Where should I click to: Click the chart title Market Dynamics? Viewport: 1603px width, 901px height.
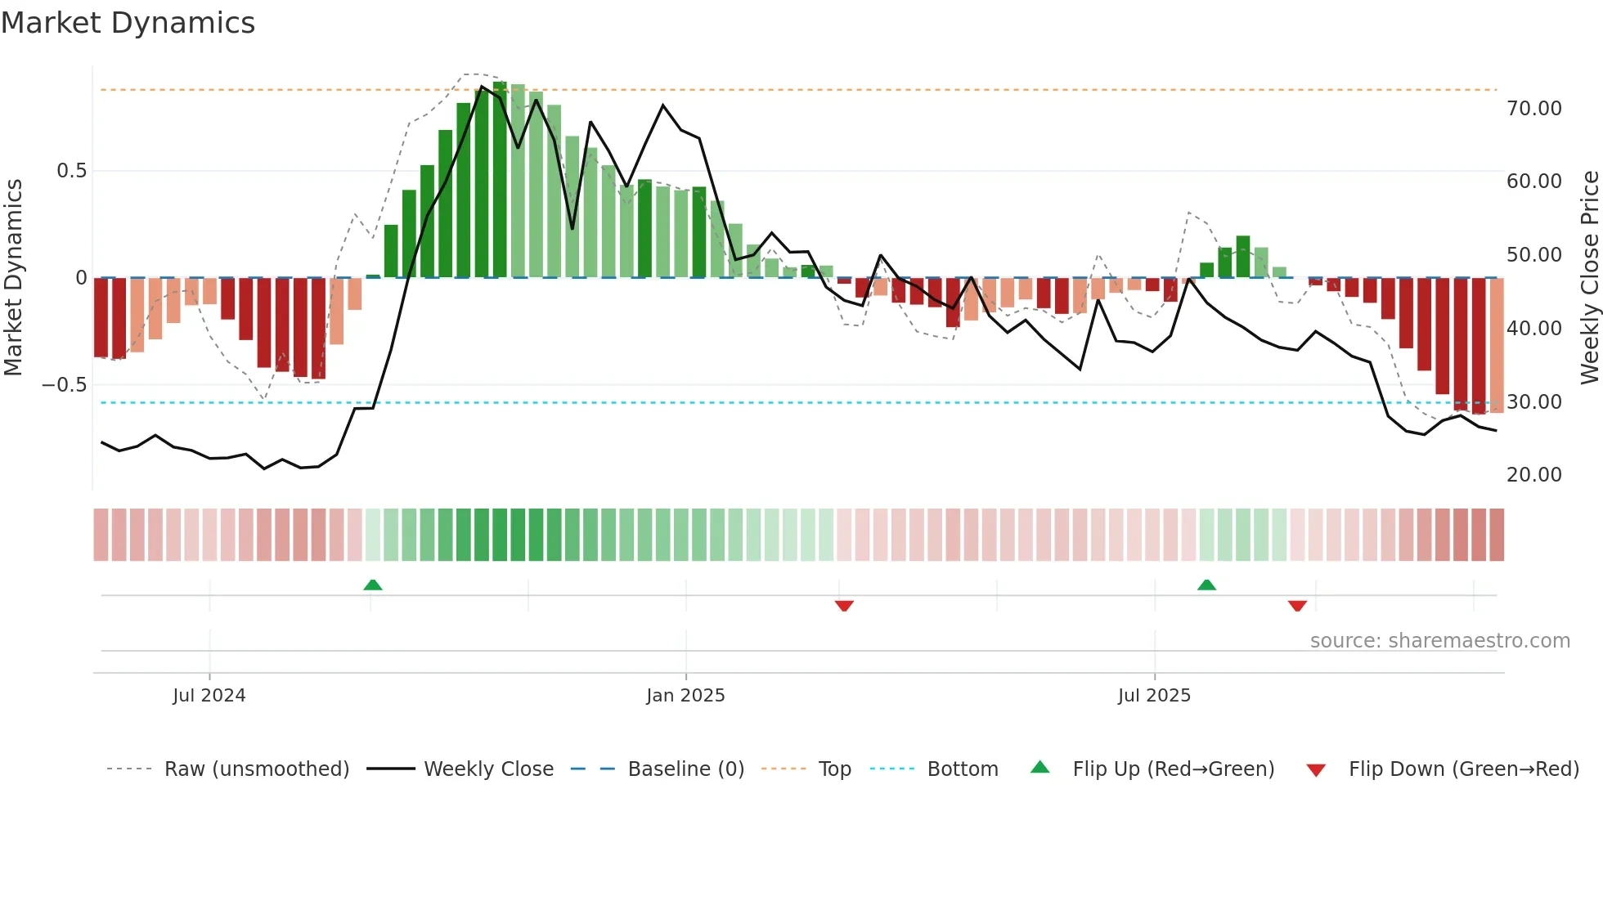click(x=128, y=23)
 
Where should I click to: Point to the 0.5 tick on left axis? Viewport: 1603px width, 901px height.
click(x=71, y=171)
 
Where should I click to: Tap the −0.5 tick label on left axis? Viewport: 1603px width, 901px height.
click(x=65, y=385)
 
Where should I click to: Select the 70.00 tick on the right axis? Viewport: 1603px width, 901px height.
click(x=1533, y=109)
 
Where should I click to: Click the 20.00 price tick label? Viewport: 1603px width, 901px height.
click(x=1533, y=475)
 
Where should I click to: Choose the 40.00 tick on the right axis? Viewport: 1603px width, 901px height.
click(x=1533, y=329)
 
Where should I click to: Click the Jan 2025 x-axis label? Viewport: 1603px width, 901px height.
click(x=685, y=696)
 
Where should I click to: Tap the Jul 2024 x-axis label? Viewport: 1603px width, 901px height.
click(x=209, y=696)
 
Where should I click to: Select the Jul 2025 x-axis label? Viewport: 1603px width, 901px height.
click(x=1154, y=696)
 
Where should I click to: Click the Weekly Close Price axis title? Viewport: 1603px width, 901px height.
click(x=1589, y=277)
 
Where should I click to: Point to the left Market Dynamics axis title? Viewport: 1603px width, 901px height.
click(x=13, y=277)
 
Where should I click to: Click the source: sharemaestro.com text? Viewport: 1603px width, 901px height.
click(x=1439, y=641)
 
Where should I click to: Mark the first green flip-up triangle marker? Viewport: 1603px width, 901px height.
click(x=373, y=585)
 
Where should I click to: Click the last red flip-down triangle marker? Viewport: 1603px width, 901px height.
click(x=1297, y=606)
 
